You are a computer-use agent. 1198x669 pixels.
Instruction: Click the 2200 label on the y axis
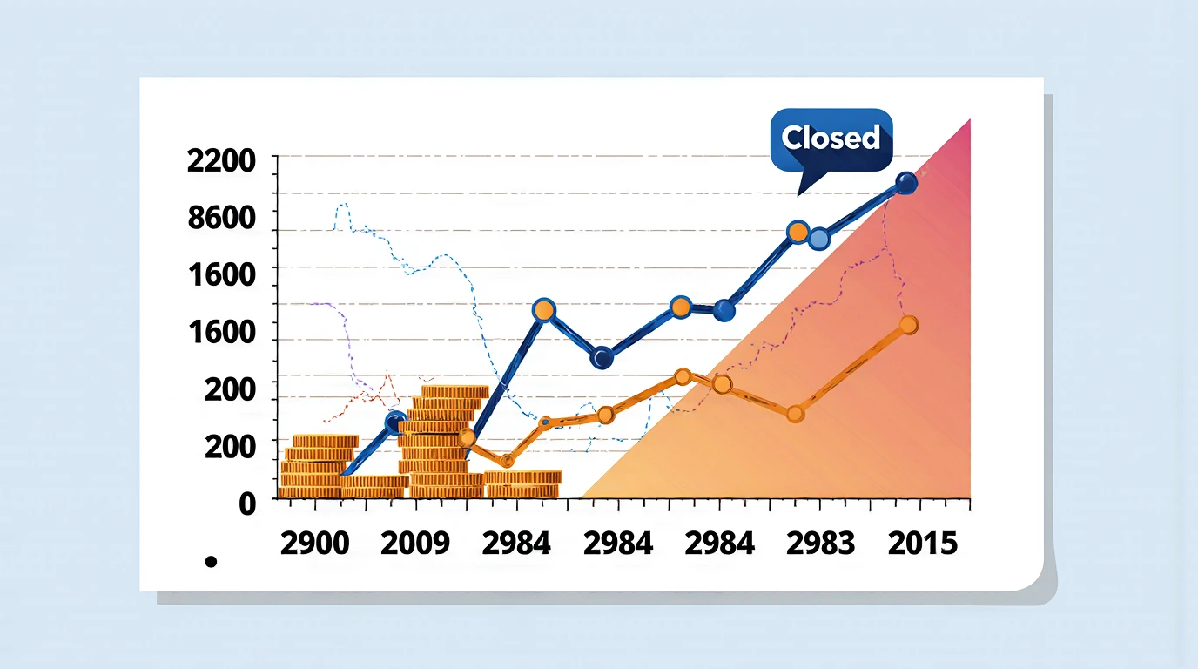(x=221, y=160)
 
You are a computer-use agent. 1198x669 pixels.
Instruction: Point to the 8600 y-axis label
(x=222, y=218)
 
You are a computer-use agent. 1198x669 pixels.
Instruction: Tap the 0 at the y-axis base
(x=247, y=504)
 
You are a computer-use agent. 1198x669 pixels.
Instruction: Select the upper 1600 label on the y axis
(x=222, y=275)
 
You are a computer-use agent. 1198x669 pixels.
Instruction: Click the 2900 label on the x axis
(x=314, y=544)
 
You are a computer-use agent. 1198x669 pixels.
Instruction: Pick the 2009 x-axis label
(x=415, y=544)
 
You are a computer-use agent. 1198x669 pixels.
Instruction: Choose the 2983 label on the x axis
(x=820, y=544)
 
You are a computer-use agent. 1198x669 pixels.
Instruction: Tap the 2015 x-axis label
(x=922, y=544)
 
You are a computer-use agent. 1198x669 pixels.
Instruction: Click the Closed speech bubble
(x=831, y=140)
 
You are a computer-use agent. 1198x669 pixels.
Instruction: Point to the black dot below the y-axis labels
(x=212, y=562)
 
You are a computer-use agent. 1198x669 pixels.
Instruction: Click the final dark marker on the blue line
(x=906, y=183)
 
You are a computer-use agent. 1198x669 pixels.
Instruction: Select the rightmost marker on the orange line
(x=909, y=325)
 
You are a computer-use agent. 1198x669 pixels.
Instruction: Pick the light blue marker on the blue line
(x=819, y=239)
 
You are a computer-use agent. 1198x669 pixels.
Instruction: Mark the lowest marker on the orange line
(x=507, y=460)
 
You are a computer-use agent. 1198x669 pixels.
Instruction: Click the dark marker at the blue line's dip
(x=602, y=358)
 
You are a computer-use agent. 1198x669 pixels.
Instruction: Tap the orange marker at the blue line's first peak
(x=544, y=310)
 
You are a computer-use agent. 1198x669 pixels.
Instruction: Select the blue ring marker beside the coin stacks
(x=395, y=422)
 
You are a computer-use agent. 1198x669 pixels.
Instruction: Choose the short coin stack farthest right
(x=522, y=484)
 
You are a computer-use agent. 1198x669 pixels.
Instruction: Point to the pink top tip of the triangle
(x=970, y=120)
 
